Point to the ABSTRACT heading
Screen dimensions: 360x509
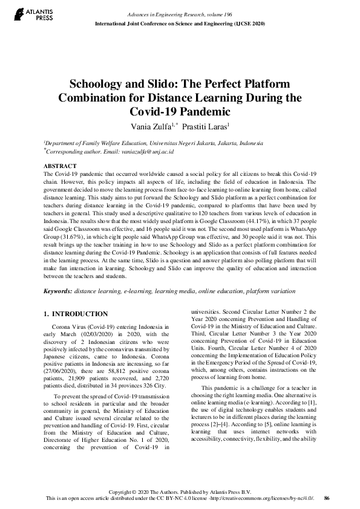(59, 166)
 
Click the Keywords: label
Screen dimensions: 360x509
(57, 291)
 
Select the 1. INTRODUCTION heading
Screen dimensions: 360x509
(76, 314)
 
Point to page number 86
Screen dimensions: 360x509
(327, 498)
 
